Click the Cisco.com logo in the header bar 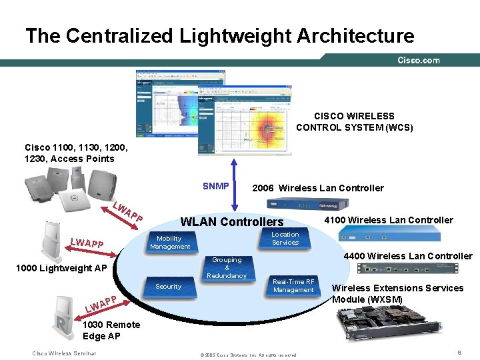coord(419,61)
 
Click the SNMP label coord(216,186)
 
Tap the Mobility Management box coord(169,243)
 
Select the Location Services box coord(285,239)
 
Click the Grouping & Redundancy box coord(227,267)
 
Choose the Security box coord(168,287)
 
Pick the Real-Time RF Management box coord(293,285)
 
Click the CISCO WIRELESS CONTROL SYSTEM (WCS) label coord(355,121)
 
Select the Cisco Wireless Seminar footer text coord(64,353)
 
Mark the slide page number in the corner coord(459,351)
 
